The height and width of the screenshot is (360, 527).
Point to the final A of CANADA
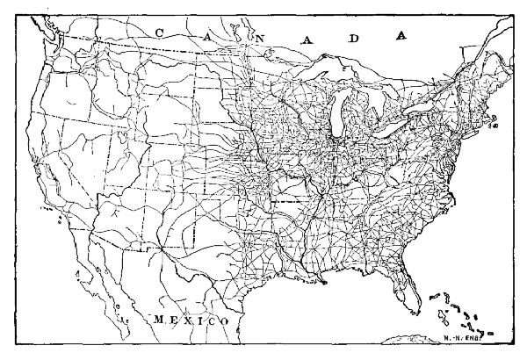tap(401, 36)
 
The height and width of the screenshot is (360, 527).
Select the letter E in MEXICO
tap(174, 320)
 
